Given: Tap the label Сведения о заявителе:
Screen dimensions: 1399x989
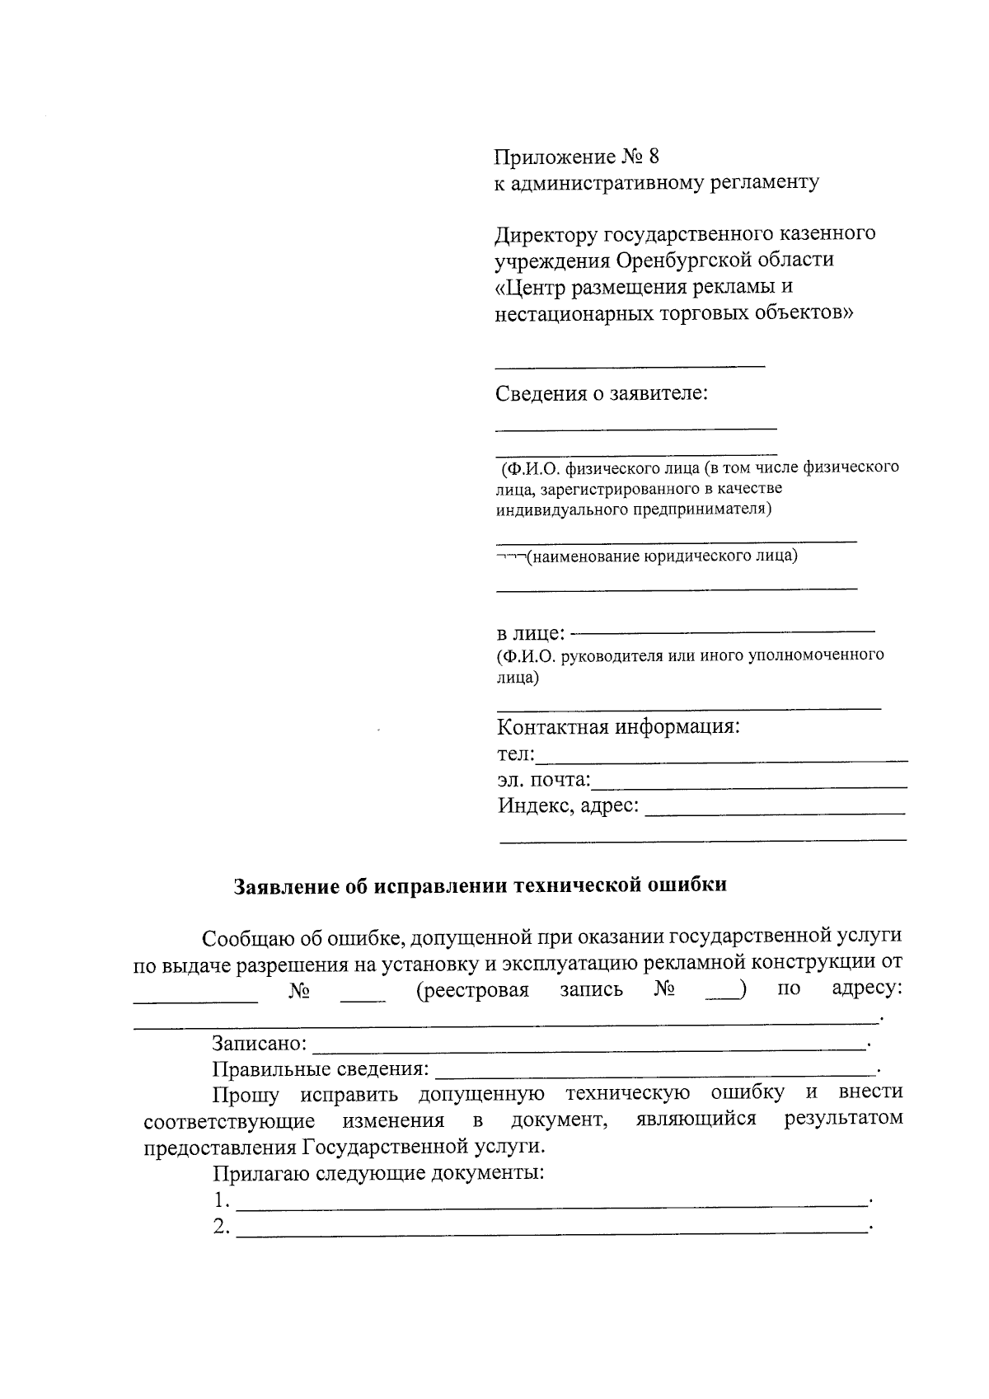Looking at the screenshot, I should tap(602, 393).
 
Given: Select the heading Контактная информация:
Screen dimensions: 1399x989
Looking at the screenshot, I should tap(618, 728).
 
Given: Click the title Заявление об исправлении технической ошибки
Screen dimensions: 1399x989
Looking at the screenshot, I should tap(480, 885).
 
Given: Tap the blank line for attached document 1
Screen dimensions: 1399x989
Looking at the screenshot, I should tap(552, 1204).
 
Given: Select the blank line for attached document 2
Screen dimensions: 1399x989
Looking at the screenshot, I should tap(552, 1231).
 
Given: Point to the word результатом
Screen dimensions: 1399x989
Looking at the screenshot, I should tap(843, 1119).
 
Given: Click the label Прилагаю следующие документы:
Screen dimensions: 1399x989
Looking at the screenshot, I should tap(378, 1173).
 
